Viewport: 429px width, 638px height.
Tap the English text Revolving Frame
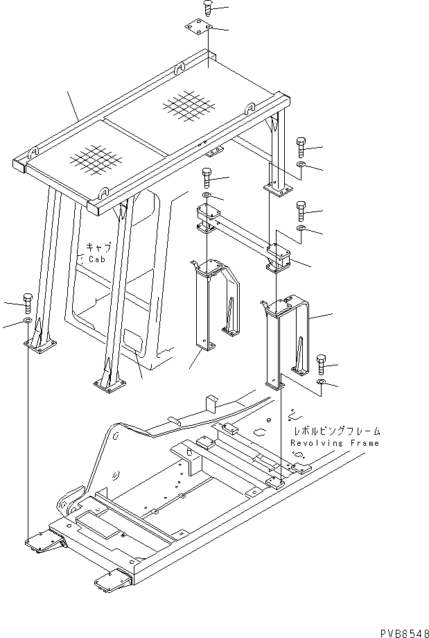(x=335, y=443)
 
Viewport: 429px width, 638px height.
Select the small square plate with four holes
(x=198, y=29)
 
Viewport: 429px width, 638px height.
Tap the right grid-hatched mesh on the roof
(x=188, y=106)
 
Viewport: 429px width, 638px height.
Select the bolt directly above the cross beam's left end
(x=207, y=176)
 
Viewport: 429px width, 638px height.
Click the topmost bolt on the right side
(x=301, y=146)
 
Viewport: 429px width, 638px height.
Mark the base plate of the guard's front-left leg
(x=109, y=386)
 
